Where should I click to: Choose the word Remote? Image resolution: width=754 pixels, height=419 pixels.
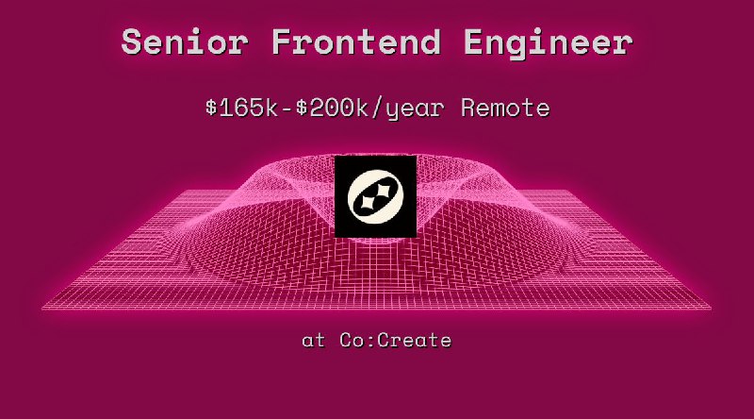pyautogui.click(x=505, y=108)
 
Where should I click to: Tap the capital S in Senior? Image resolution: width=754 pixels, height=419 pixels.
pyautogui.click(x=134, y=42)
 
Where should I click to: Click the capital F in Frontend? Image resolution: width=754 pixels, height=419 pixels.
pyautogui.click(x=282, y=42)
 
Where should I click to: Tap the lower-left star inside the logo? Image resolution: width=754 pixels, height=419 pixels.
pyautogui.click(x=365, y=202)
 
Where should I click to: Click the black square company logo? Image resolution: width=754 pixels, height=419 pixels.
pyautogui.click(x=375, y=196)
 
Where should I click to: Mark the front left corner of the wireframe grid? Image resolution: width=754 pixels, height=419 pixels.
pyautogui.click(x=43, y=309)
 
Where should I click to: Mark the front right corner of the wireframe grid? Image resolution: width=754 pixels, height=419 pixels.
pyautogui.click(x=711, y=309)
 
